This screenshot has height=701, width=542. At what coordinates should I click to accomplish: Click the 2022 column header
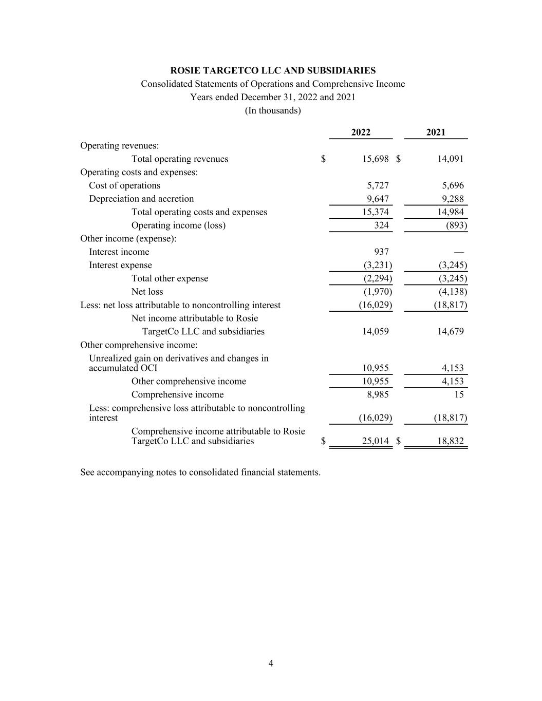(x=361, y=132)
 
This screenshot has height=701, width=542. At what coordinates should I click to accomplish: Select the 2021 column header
(x=436, y=132)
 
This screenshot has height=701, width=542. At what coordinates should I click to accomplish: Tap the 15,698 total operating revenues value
(x=375, y=159)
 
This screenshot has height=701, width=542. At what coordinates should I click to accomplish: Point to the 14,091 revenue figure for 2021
(x=450, y=159)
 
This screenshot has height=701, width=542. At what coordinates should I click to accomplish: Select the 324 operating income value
(x=381, y=225)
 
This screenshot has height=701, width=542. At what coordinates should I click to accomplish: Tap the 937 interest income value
(x=381, y=252)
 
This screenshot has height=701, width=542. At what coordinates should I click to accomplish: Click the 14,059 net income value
(x=375, y=332)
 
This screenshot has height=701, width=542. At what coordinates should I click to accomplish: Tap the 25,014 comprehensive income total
(x=375, y=441)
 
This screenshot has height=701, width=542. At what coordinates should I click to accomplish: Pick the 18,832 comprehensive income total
(x=450, y=441)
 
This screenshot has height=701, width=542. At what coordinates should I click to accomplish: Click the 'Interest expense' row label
(x=120, y=265)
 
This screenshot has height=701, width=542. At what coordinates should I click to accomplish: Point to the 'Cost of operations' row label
(x=124, y=185)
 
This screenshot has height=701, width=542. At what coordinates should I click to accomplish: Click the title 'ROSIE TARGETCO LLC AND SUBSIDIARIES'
(x=273, y=71)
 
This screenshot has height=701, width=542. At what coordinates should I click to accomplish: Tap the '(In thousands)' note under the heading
(x=273, y=110)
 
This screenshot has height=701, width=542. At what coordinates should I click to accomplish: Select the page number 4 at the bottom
(x=271, y=664)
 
